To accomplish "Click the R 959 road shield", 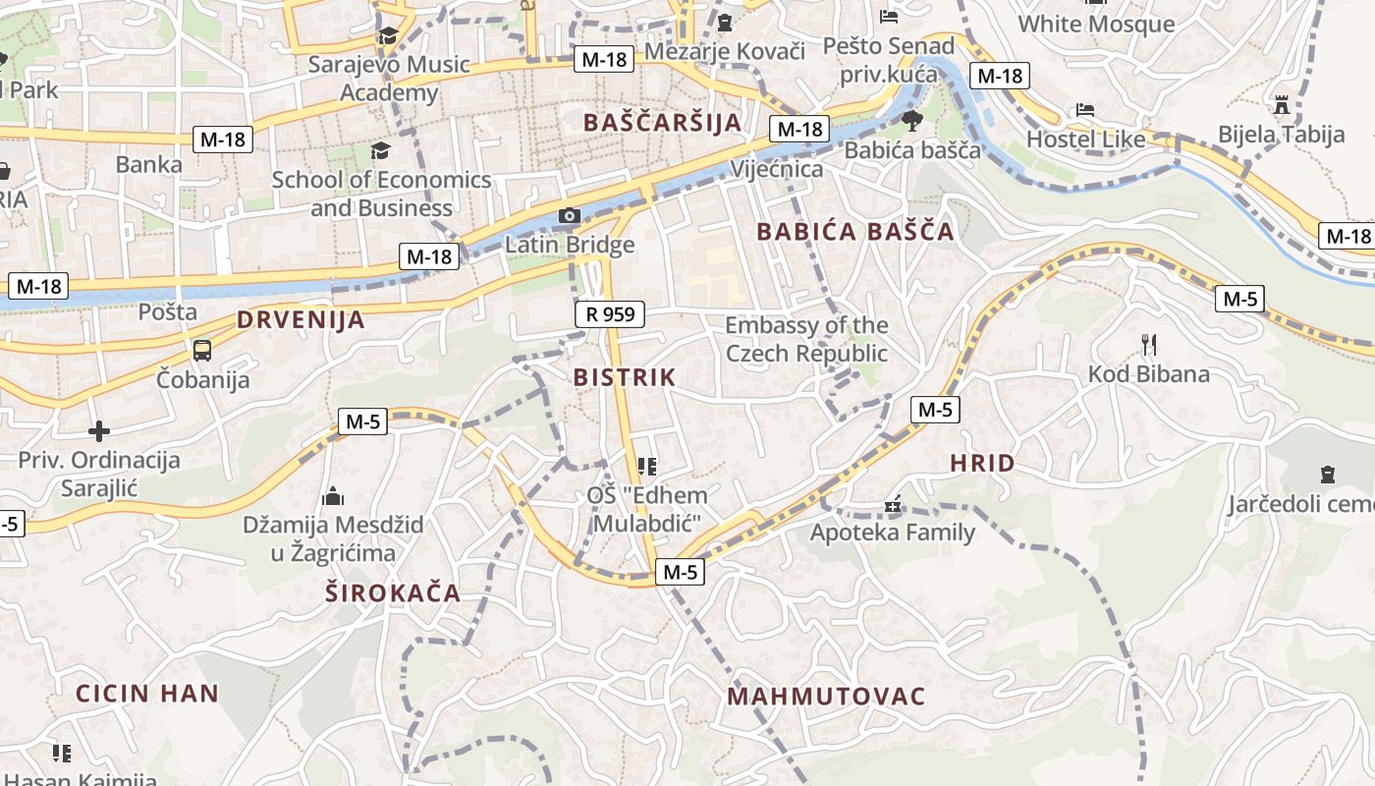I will (609, 314).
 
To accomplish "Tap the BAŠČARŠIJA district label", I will (662, 123).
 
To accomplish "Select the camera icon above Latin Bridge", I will (569, 215).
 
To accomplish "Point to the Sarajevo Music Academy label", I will (389, 79).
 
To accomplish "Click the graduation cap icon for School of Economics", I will (380, 151).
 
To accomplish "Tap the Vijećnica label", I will (776, 169).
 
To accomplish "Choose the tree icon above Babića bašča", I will (911, 121).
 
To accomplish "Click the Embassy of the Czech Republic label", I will (806, 339).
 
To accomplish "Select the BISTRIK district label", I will (625, 377).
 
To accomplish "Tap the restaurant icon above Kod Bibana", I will (1148, 344).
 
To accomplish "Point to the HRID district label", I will (982, 464).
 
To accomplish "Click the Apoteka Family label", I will (892, 533).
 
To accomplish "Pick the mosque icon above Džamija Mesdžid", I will (333, 496).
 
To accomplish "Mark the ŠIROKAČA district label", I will (393, 592).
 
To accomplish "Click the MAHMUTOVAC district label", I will (826, 697).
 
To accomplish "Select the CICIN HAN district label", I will (147, 693).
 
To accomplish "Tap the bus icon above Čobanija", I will (202, 351).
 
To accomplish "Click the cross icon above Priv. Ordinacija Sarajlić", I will (98, 431).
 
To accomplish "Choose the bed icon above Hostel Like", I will (1084, 110).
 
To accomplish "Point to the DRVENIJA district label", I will (301, 319).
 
